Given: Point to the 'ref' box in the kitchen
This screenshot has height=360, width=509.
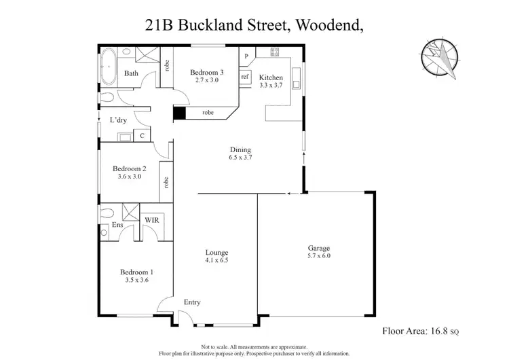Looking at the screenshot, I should click(x=245, y=77).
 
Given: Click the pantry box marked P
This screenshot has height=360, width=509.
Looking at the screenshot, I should click(x=246, y=56).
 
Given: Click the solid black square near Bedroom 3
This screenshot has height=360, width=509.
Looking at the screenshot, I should click(x=179, y=113).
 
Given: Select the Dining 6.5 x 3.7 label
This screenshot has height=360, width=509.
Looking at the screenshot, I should click(x=240, y=154).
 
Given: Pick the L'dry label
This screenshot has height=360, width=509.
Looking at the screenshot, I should click(x=118, y=120).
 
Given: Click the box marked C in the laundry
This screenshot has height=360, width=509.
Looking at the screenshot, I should click(x=142, y=136).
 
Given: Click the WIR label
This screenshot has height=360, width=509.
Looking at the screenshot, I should click(x=151, y=220).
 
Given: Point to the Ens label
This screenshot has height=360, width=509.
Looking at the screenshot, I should click(x=117, y=224).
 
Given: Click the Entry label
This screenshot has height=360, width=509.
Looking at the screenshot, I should click(x=192, y=302).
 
